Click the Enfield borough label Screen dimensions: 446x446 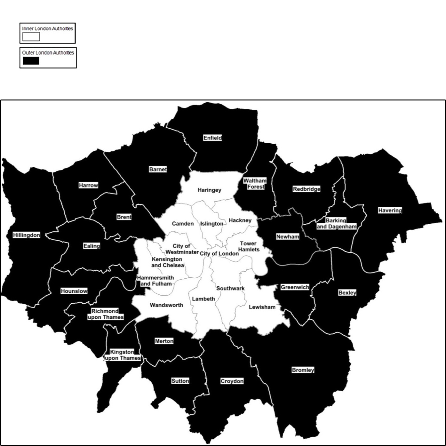[212, 138]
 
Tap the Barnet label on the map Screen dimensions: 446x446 [158, 169]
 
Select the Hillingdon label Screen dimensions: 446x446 [27, 235]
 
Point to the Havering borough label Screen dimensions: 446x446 [390, 210]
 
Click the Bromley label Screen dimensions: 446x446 [303, 370]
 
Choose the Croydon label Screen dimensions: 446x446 [232, 381]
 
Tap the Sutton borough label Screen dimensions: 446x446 [180, 381]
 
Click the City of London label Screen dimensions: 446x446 [219, 254]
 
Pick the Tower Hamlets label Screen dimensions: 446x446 [249, 246]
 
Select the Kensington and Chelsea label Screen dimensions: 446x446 [167, 262]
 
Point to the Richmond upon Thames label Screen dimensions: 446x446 [105, 314]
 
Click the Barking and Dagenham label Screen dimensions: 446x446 [336, 224]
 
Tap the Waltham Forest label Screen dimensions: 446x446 [255, 184]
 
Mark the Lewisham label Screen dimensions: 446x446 [262, 307]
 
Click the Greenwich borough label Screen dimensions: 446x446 [295, 287]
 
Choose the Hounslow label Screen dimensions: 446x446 [74, 291]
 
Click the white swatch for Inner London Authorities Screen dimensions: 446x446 [31, 37]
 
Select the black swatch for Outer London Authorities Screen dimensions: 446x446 [31, 61]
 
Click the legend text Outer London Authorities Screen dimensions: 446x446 [48, 53]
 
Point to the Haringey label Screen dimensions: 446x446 [209, 190]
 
